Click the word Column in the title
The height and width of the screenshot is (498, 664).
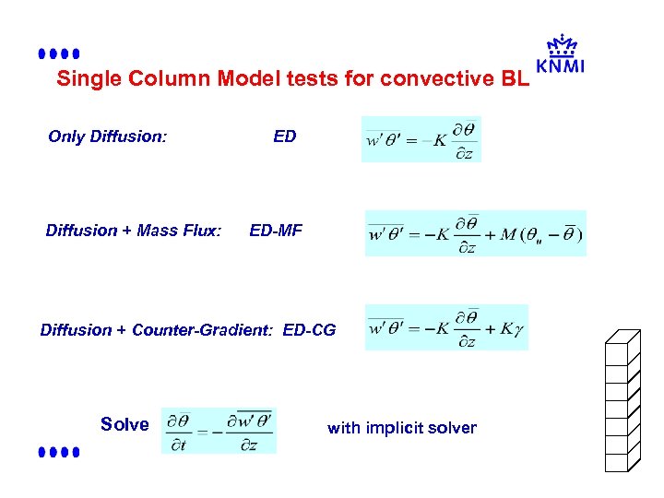coord(168,78)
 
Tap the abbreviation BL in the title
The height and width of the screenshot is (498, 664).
coord(515,78)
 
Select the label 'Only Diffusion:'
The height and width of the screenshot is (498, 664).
coord(107,136)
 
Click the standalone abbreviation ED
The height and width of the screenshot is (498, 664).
coord(285,136)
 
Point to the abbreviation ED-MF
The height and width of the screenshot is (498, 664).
coord(275,230)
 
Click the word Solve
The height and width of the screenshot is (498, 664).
coord(124,424)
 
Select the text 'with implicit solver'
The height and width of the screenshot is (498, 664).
coord(402,428)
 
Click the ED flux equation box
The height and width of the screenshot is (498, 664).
coord(421,139)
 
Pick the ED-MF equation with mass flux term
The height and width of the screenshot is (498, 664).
coord(475,233)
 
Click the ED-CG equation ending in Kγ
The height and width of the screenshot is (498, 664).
coord(446,327)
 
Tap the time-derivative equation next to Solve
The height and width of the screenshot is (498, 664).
coord(219,430)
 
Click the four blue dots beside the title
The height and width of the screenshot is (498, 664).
coord(59,54)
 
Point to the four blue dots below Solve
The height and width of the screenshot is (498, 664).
coord(59,453)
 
